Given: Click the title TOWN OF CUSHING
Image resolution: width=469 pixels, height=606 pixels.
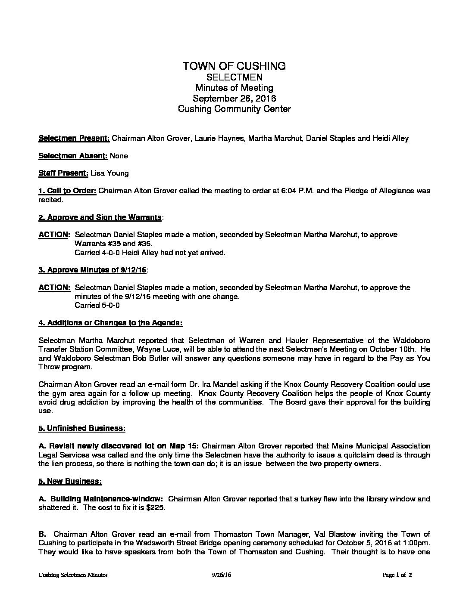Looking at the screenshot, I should point(234,66).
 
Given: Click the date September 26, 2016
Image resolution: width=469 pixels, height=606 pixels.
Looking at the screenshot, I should point(234,98).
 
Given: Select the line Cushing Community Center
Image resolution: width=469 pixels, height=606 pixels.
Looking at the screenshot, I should point(234,109).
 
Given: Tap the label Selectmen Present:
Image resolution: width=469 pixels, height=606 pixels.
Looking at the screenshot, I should point(74,138).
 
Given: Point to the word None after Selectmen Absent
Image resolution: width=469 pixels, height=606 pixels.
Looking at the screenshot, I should point(119,156).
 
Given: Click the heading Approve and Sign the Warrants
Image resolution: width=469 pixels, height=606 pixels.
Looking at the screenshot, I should point(100,217).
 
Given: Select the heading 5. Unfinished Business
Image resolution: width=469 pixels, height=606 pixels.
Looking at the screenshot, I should point(82,428).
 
